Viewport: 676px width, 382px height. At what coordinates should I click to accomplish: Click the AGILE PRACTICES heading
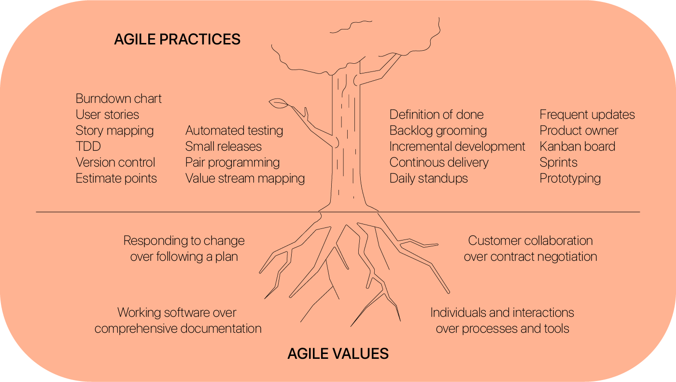[x=177, y=39]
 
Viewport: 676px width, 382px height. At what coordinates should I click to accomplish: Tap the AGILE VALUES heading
[x=338, y=354]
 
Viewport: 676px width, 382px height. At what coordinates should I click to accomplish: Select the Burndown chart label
[x=119, y=99]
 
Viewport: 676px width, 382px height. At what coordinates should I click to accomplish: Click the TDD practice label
[x=88, y=146]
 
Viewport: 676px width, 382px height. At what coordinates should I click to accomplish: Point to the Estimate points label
[x=116, y=179]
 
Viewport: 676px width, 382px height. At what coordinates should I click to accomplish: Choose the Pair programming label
[x=232, y=163]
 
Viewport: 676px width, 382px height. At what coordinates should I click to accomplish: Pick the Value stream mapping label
[x=245, y=179]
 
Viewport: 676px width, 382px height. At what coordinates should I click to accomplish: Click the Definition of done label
[x=437, y=114]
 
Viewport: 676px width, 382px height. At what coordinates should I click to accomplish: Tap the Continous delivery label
[x=439, y=163]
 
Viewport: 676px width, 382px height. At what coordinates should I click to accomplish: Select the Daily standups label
[x=429, y=179]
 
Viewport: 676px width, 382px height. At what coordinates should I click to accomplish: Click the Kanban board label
[x=577, y=146]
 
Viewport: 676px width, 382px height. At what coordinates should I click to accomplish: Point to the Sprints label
[x=558, y=163]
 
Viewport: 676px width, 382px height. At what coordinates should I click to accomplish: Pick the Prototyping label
[x=570, y=179]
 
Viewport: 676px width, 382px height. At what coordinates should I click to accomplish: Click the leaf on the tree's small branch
[x=279, y=103]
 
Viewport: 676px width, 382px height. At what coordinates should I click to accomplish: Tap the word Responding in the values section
[x=156, y=241]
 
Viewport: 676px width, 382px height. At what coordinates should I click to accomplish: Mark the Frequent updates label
[x=587, y=115]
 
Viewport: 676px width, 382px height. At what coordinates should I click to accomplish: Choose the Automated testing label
[x=234, y=131]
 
